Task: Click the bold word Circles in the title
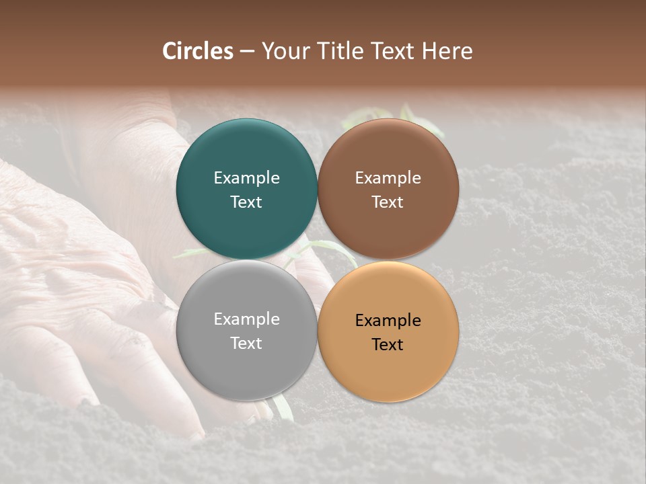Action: pos(198,51)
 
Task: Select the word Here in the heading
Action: pos(447,51)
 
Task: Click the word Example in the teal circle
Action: pos(246,178)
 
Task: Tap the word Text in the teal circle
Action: pos(246,202)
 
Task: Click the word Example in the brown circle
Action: pos(388,178)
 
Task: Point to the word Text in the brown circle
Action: pos(388,202)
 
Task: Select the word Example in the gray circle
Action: pos(246,319)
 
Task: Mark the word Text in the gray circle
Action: pos(246,344)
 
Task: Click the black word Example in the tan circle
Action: pos(388,321)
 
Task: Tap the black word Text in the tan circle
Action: pos(388,345)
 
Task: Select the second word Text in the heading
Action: pos(392,51)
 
